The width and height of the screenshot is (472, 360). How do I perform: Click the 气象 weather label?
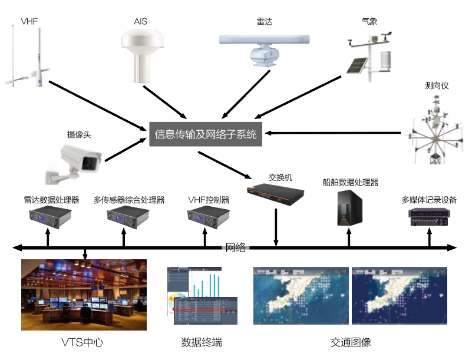369,22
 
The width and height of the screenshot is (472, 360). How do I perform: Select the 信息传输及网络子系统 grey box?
206,134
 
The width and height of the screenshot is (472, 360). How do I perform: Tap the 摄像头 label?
80,134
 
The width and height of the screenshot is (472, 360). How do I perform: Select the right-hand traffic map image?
399,295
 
